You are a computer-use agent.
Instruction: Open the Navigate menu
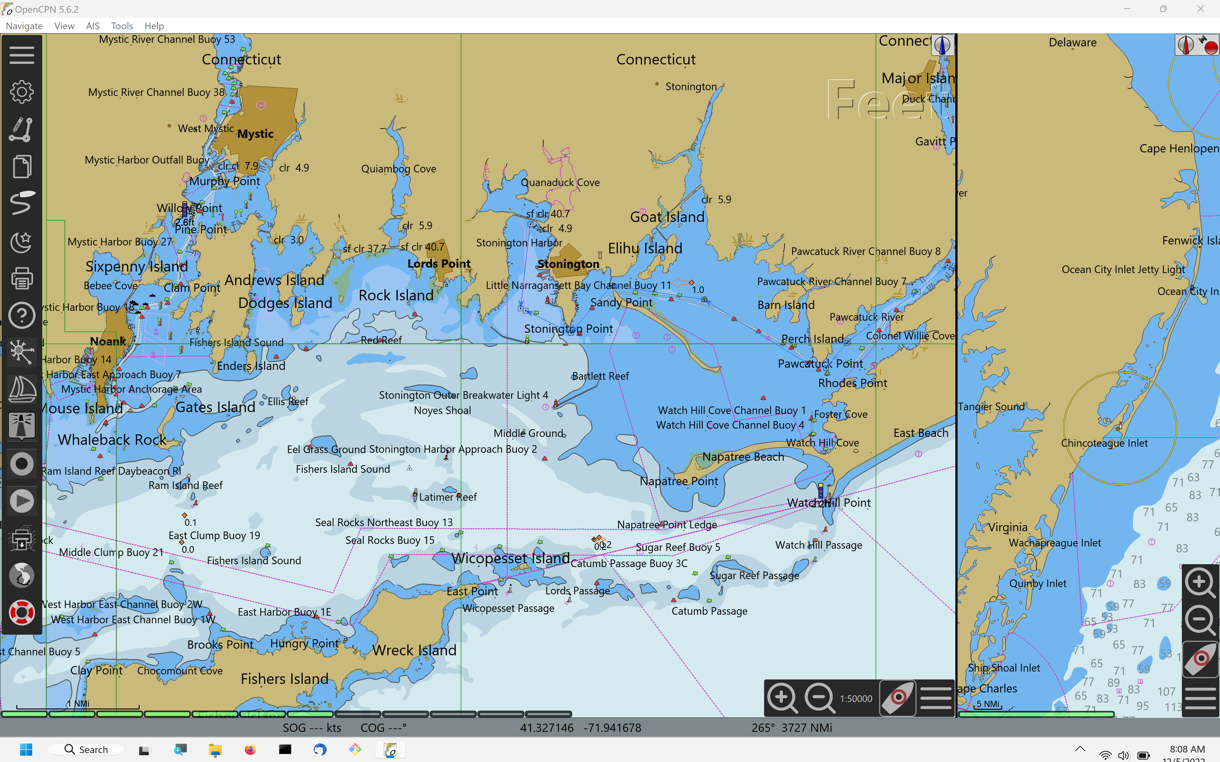pos(24,26)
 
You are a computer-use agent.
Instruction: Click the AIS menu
pos(92,26)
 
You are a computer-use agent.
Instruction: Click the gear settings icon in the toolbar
pos(21,92)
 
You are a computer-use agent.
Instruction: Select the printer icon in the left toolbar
pos(21,278)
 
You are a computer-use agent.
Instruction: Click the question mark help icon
pos(21,316)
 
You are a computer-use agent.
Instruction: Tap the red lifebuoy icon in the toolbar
pos(21,613)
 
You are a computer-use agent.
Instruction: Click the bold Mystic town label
pos(255,134)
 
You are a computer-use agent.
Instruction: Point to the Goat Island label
pos(667,217)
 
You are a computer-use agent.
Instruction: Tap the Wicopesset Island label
pos(510,558)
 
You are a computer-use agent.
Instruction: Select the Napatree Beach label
pos(743,457)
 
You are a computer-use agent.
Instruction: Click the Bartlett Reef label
pos(600,377)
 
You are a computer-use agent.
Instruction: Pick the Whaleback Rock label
pos(112,440)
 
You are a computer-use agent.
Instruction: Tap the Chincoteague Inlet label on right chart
pos(1104,444)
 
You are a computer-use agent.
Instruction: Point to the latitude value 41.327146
pos(546,728)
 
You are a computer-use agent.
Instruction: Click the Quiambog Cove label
pos(398,169)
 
